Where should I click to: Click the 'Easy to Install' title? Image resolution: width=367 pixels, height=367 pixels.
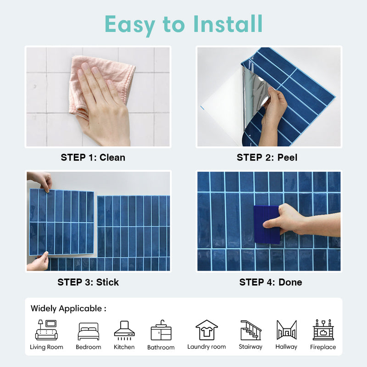coord(183,24)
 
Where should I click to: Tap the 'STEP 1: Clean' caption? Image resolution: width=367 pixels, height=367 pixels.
coord(93,157)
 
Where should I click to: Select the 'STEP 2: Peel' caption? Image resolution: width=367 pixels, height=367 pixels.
coord(267,157)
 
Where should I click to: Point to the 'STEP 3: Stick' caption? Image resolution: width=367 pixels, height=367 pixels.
coord(88,282)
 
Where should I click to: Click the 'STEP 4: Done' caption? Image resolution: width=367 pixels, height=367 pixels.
coord(271,282)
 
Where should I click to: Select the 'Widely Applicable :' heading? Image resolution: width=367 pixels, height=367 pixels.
coord(68,308)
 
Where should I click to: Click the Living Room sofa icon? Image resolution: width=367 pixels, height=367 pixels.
coord(46,330)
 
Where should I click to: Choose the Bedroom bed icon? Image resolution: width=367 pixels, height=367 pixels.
coord(88,331)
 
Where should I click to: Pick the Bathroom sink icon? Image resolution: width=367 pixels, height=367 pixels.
coord(161,331)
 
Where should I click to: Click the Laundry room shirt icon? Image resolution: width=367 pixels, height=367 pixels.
coord(206,330)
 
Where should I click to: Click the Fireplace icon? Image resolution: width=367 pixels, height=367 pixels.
coord(323,330)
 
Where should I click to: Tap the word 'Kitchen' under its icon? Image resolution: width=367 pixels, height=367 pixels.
coord(124,347)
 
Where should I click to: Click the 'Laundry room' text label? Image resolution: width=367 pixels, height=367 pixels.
coord(206,347)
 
